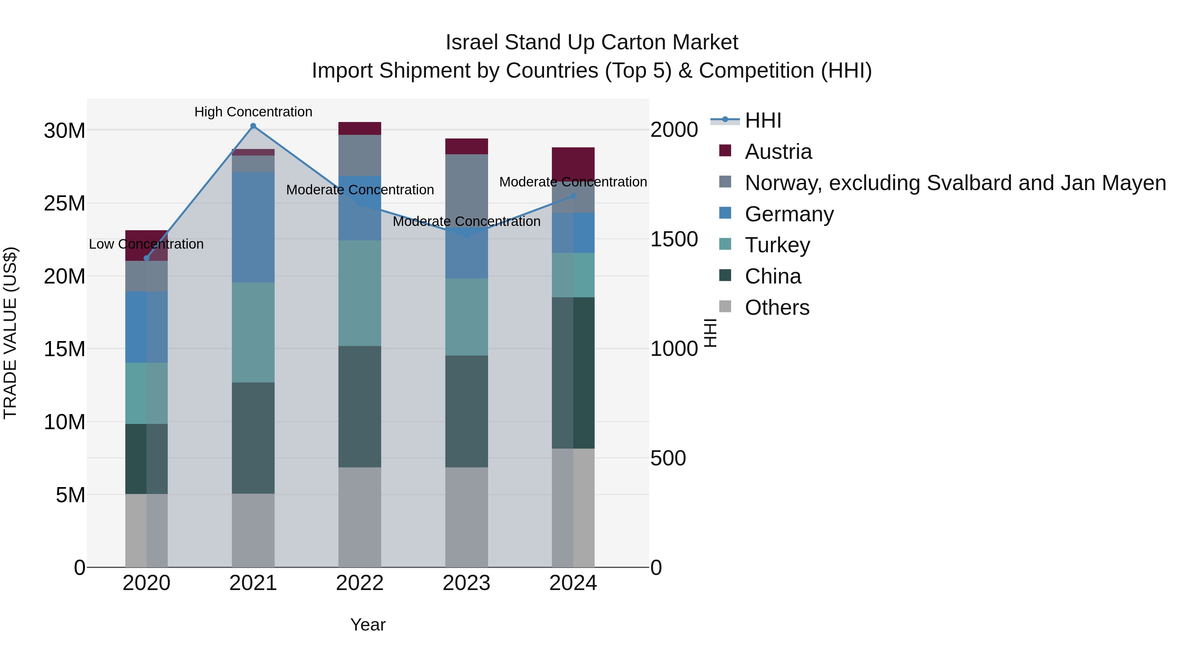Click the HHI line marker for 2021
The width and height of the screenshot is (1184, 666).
pyautogui.click(x=253, y=126)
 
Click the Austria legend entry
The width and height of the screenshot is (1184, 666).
pyautogui.click(x=778, y=152)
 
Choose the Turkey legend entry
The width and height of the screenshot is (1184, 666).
pyautogui.click(x=777, y=245)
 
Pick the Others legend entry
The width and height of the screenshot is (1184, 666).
pyautogui.click(x=777, y=308)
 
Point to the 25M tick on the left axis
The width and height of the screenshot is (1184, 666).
pyautogui.click(x=64, y=204)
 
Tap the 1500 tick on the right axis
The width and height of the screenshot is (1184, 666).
pyautogui.click(x=674, y=239)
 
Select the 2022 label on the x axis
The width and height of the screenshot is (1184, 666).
pyautogui.click(x=359, y=583)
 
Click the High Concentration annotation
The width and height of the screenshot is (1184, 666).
pyautogui.click(x=253, y=112)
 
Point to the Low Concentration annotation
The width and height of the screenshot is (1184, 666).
pyautogui.click(x=146, y=244)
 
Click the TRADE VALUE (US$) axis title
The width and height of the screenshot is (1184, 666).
pyautogui.click(x=10, y=333)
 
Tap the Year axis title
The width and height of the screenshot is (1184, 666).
pyautogui.click(x=368, y=625)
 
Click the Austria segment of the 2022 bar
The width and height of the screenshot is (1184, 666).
pyautogui.click(x=359, y=128)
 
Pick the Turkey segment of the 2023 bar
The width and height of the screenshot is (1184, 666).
pyautogui.click(x=466, y=317)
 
